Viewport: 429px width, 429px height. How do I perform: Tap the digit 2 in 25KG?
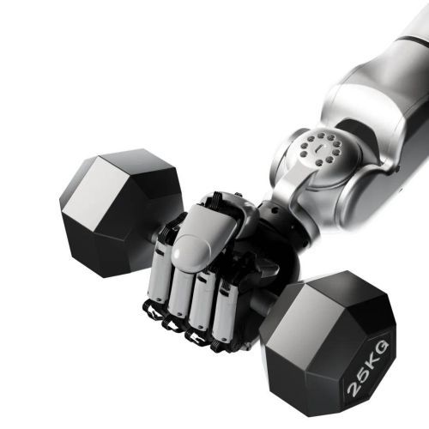(x=353, y=389)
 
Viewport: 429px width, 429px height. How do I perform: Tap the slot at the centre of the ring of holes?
(x=317, y=148)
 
